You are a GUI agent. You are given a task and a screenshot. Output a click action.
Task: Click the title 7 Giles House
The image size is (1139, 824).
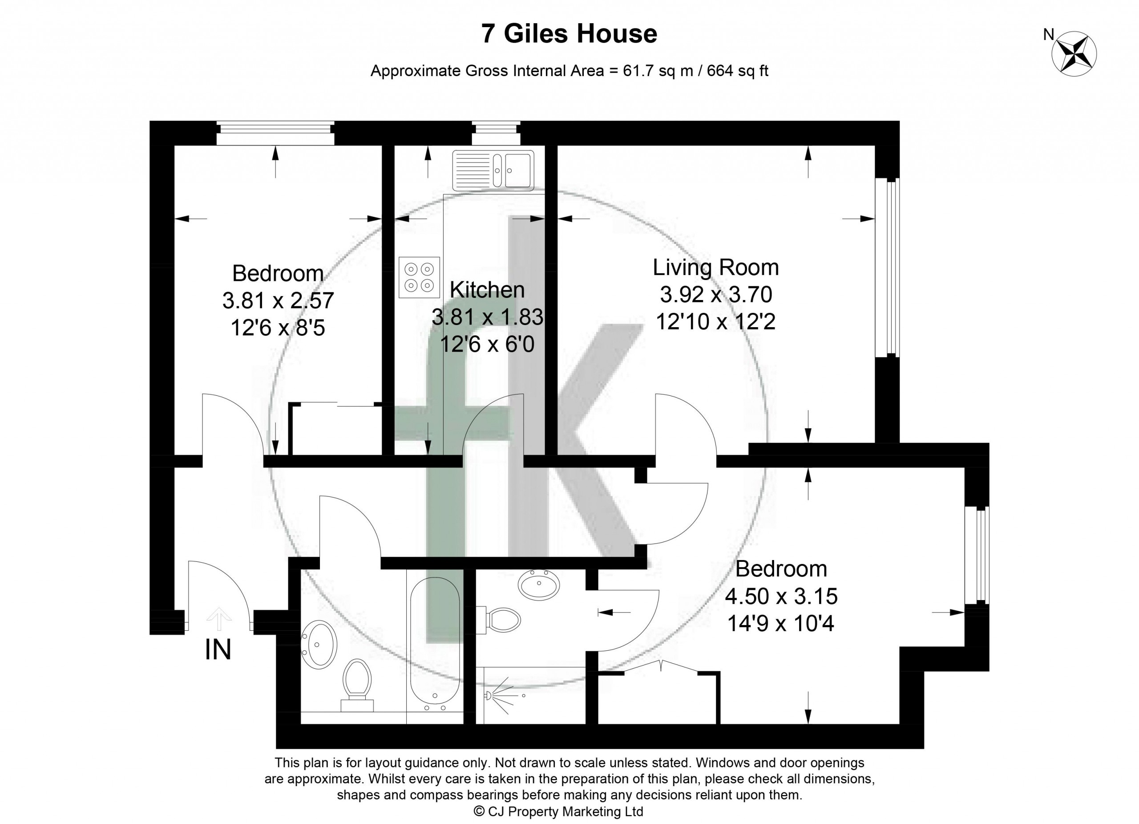569,34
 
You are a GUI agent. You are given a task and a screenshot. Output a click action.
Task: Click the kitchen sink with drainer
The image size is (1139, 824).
493,170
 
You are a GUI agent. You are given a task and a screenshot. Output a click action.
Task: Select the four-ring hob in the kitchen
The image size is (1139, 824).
420,277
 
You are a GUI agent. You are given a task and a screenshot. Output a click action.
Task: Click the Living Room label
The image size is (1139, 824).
715,267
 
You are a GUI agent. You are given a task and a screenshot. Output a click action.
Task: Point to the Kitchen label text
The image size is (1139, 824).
487,290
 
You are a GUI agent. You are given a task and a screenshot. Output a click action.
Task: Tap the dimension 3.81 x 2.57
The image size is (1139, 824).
278,301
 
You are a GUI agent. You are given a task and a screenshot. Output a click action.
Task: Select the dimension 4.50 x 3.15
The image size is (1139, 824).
781,597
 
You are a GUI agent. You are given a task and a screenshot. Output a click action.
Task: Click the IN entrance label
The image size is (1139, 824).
218,649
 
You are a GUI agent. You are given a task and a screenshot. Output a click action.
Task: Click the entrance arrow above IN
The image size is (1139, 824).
219,618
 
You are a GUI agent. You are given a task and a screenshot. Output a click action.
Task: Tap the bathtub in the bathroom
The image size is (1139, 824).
434,645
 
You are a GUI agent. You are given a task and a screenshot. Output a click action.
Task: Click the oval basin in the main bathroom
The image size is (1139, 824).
319,645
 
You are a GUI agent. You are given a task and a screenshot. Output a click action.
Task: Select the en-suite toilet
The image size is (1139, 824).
500,620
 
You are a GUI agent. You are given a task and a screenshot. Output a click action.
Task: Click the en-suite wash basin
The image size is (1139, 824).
539,584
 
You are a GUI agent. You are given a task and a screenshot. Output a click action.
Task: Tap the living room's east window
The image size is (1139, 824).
887,268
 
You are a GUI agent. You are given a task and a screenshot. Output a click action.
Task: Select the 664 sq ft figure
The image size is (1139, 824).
738,71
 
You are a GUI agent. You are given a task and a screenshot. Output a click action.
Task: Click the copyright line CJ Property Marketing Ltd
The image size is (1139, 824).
559,811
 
